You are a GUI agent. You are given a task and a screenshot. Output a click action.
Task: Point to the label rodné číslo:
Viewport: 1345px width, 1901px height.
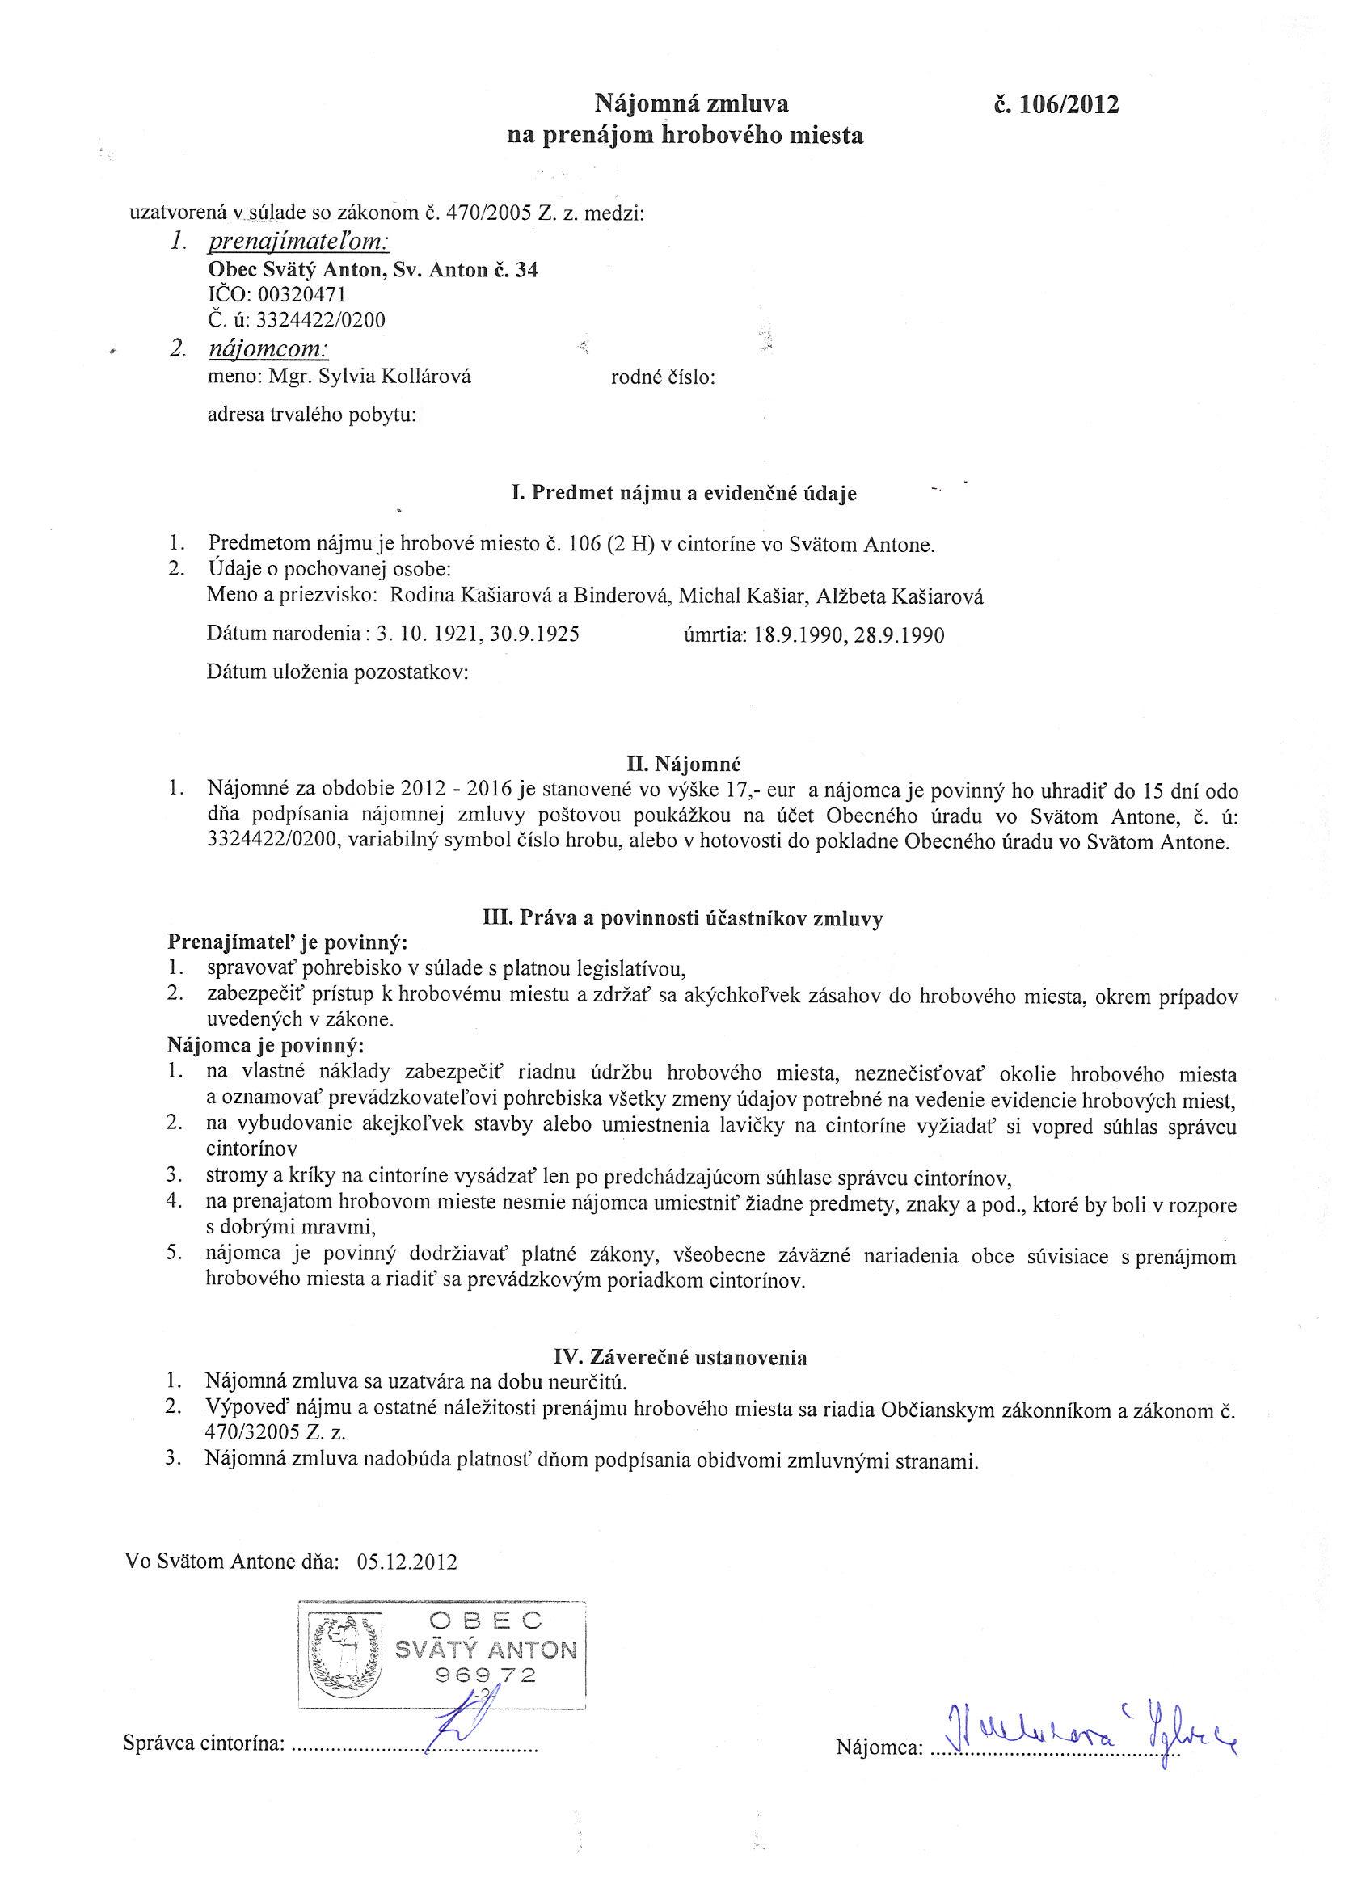tap(663, 377)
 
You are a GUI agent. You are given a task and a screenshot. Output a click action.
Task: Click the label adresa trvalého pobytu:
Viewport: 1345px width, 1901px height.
tap(311, 415)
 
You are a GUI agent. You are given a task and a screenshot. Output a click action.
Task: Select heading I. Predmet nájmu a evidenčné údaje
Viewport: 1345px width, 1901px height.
tap(683, 494)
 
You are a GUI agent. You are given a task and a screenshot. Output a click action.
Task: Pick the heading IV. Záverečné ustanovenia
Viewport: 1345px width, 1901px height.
tap(680, 1357)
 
